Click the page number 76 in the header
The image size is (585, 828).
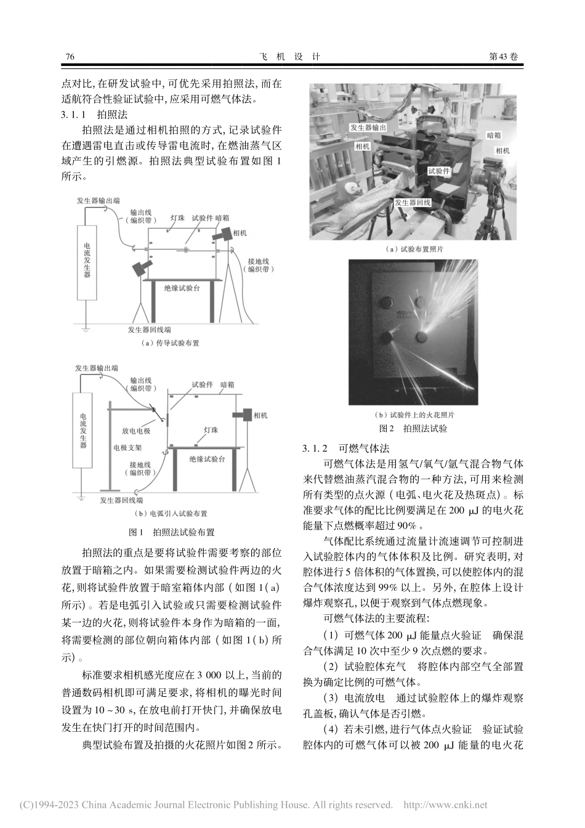(70, 57)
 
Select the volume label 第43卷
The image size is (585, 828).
(503, 57)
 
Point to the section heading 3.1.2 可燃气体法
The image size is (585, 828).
(345, 448)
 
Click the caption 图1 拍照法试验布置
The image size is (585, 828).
(171, 532)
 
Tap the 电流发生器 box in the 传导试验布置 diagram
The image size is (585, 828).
(87, 262)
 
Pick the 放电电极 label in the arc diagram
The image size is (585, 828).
(136, 431)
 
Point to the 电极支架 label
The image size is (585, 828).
(127, 448)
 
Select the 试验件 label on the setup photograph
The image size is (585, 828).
(438, 171)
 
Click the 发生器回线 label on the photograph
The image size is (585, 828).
(412, 202)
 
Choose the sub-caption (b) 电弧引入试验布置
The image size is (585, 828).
(171, 513)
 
